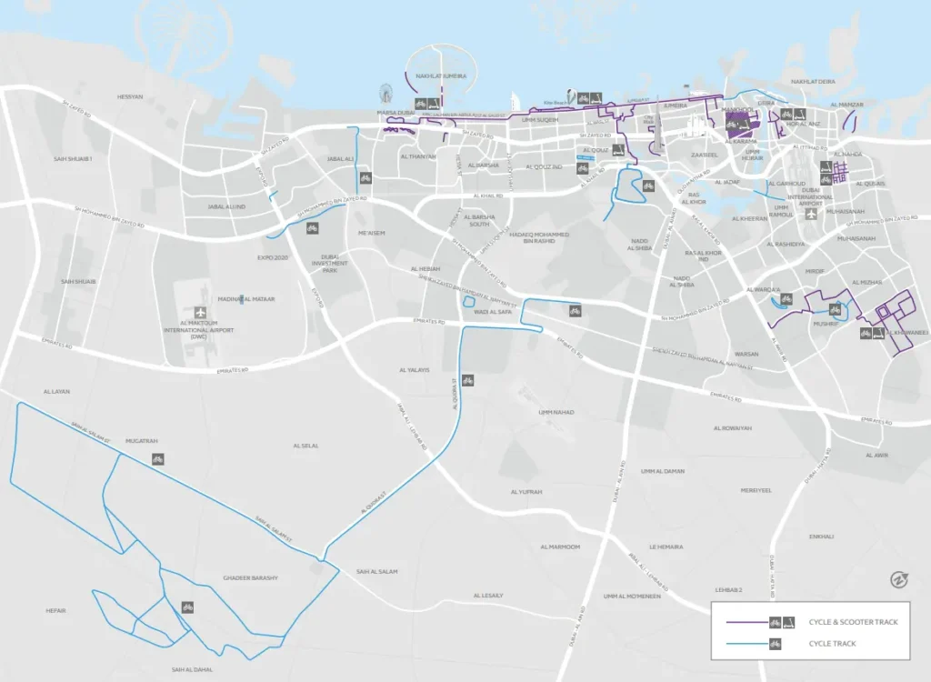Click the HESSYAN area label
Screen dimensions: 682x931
pos(130,96)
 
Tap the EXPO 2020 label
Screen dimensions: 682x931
pos(272,258)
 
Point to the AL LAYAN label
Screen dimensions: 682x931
pos(56,392)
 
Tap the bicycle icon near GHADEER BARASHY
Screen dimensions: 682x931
pos(187,607)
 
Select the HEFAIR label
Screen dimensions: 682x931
pos(56,610)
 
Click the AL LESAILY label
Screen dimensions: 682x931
pos(487,596)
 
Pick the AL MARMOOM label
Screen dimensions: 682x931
pos(559,547)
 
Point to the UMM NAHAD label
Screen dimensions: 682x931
pos(556,412)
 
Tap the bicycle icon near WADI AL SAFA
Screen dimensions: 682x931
pos(575,311)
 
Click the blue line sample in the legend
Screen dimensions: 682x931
pos(741,644)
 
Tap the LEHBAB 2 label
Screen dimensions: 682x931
pos(728,590)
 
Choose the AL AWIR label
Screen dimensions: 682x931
pos(876,455)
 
